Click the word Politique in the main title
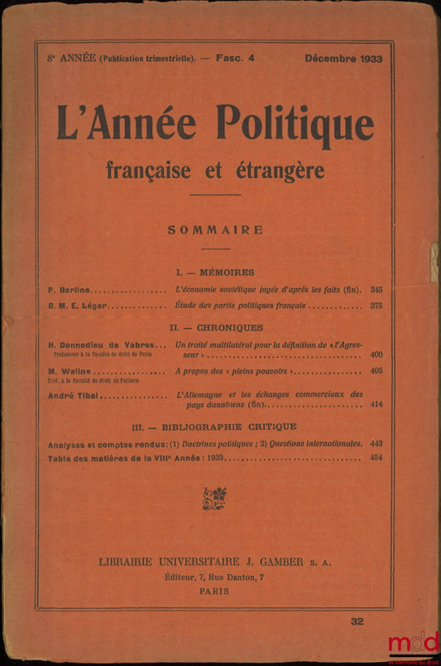click(295, 125)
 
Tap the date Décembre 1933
click(343, 60)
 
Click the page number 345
click(377, 289)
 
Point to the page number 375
click(377, 305)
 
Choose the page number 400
click(377, 355)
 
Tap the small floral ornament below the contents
click(214, 498)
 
